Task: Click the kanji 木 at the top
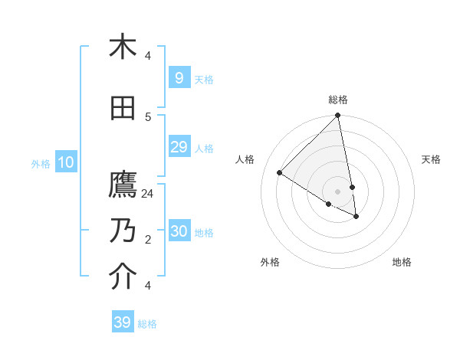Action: point(123,47)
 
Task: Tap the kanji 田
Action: point(123,109)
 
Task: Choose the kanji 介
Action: point(123,277)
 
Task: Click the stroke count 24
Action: point(148,194)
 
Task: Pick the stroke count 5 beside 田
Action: point(148,116)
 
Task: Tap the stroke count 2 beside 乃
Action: point(148,240)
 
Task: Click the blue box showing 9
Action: point(179,78)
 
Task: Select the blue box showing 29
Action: point(179,147)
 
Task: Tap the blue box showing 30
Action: point(179,231)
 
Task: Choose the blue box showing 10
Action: point(65,162)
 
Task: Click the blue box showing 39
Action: point(123,322)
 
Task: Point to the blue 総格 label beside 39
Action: point(147,324)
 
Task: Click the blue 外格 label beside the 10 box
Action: point(41,163)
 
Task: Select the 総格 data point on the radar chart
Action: point(337,116)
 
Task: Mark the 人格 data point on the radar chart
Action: point(280,173)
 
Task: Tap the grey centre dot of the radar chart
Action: point(337,191)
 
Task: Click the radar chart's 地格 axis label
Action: point(402,262)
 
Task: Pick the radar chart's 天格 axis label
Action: point(431,159)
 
